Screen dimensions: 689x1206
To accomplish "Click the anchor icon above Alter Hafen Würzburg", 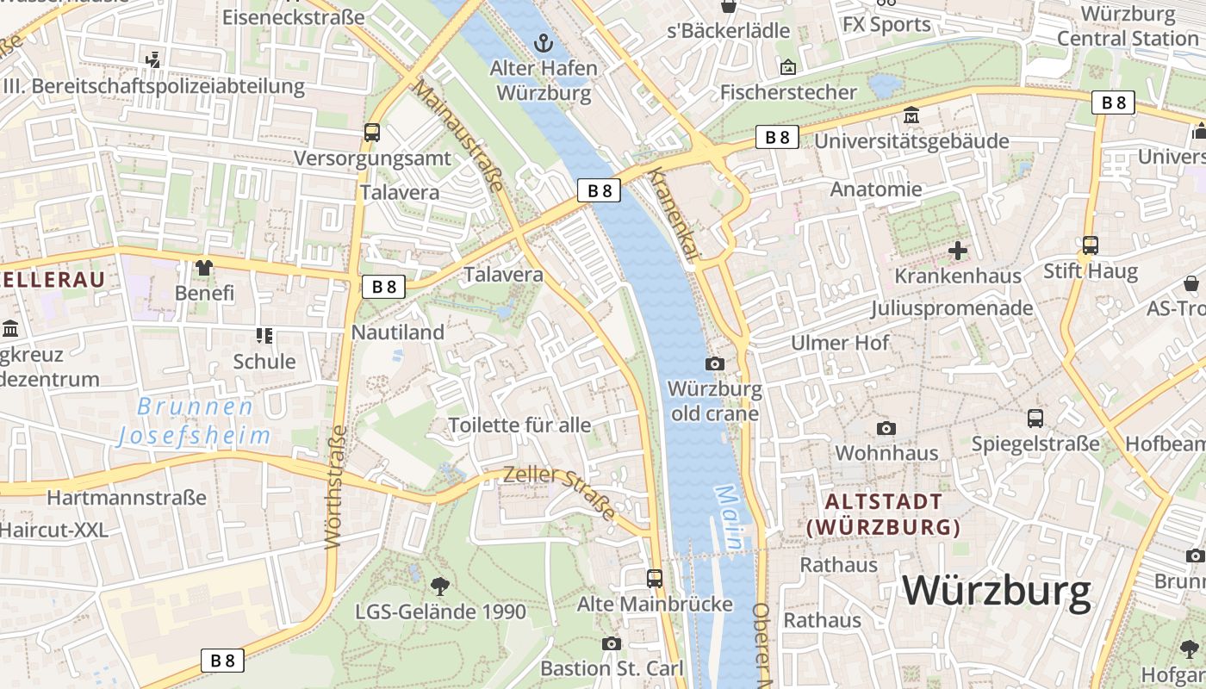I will point(544,42).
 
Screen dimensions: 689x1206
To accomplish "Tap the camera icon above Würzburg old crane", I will point(715,363).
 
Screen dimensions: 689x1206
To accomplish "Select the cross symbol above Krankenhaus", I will point(957,251).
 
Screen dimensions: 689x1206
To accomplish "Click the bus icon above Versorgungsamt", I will point(372,133).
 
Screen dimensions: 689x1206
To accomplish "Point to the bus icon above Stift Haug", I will point(1090,245).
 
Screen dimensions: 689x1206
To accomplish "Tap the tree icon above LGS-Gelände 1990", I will point(440,587).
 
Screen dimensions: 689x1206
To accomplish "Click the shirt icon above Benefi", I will point(204,267).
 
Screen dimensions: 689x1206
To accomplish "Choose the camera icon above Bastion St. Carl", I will point(612,643).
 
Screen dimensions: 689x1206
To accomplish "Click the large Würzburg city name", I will point(997,591).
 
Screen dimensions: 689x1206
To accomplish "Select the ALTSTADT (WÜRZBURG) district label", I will point(884,514).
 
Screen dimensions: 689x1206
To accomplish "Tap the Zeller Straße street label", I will point(559,492).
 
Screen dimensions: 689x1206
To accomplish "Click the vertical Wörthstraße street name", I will point(335,487).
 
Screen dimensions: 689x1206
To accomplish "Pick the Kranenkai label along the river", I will point(674,212).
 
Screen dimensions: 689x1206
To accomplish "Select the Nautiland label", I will point(398,332).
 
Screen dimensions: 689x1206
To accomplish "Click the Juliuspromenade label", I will point(951,308).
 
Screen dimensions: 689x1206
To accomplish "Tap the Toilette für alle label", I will point(519,425).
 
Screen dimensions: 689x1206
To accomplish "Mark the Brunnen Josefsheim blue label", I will point(195,421).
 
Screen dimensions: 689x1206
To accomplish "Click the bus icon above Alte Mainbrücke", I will point(655,578).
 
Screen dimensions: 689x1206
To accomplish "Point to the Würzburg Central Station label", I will point(1128,27).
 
